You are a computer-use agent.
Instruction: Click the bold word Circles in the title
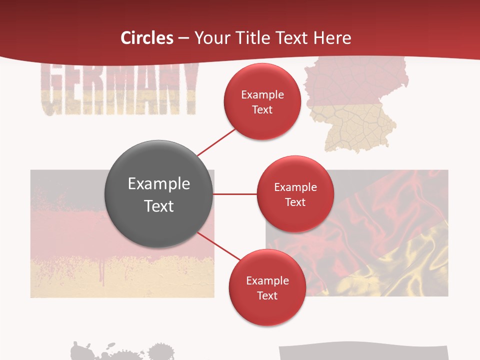coord(147,38)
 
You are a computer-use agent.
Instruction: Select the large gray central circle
coord(159,194)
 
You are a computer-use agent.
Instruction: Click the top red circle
coord(262,101)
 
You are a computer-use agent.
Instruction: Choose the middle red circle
coord(295,194)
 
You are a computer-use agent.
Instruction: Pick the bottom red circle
coord(267,287)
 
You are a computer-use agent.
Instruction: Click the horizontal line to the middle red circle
coord(235,194)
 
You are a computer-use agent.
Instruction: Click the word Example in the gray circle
coord(159,184)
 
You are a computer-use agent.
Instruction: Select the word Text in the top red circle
coord(262,109)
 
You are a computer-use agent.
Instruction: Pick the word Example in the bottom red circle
coord(267,280)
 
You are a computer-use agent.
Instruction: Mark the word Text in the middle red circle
coord(295,202)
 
